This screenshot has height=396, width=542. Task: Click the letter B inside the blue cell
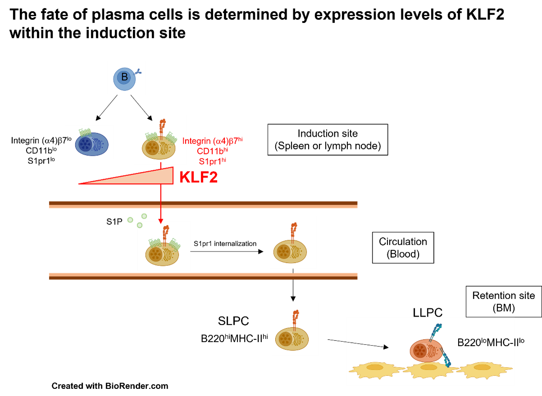coord(124,77)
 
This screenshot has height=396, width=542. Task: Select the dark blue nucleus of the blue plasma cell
coord(85,144)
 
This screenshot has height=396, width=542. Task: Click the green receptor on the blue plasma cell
coord(85,133)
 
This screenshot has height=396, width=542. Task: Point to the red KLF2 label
coord(198,177)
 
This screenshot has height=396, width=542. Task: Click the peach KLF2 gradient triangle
coord(149,178)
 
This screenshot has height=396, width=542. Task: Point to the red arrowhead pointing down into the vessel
coord(161,220)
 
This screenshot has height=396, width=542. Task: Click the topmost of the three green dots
coord(144,216)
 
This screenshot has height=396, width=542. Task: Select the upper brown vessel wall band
coord(203,203)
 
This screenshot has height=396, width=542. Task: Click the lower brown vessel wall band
coord(203,278)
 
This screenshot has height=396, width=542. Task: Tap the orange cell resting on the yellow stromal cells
coord(424,350)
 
